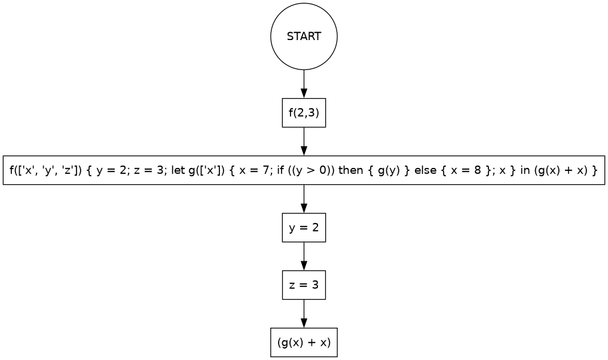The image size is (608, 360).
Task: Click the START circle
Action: click(x=304, y=36)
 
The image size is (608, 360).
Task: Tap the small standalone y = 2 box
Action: click(x=304, y=228)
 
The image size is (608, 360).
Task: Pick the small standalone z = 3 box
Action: click(x=304, y=285)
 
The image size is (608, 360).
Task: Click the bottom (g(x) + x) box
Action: click(x=304, y=343)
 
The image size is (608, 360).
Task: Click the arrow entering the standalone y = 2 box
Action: click(x=304, y=199)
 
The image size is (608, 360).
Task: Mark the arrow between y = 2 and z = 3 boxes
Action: click(x=304, y=257)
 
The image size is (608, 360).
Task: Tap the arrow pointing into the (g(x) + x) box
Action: click(x=304, y=314)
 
